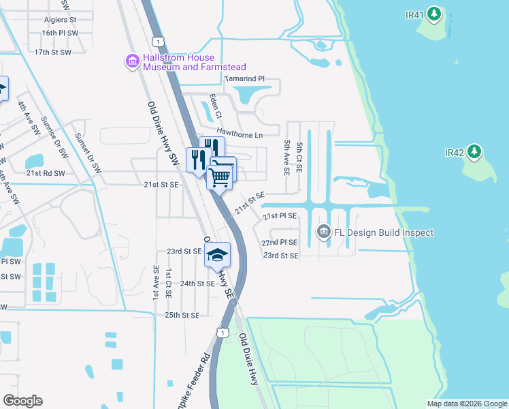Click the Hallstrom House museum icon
[x=131, y=63]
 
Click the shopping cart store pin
[x=220, y=177]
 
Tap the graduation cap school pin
[x=218, y=256]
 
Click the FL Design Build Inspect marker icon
[x=323, y=232]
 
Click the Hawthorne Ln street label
[x=240, y=134]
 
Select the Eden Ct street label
[x=215, y=108]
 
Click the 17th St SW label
[x=52, y=52]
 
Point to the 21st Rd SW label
[x=46, y=173]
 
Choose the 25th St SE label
[x=182, y=315]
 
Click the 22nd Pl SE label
[x=280, y=242]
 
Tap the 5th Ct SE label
[x=298, y=157]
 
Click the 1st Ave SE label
[x=156, y=283]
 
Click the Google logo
[x=23, y=401]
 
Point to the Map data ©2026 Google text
[x=467, y=404]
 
